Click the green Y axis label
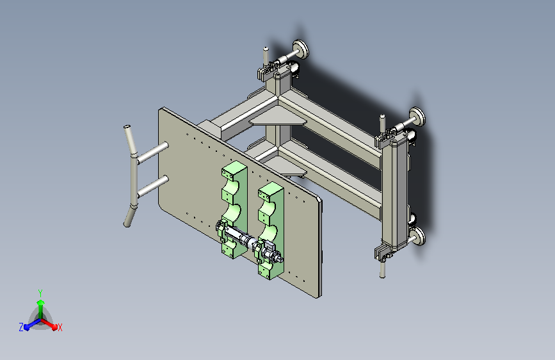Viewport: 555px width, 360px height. click(40, 293)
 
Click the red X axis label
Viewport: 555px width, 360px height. click(60, 327)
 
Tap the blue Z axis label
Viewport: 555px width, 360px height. click(21, 327)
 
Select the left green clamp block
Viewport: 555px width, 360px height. click(234, 209)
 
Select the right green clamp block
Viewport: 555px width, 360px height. click(271, 231)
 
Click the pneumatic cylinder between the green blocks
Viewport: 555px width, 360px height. click(248, 241)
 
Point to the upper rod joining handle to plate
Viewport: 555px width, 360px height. click(152, 152)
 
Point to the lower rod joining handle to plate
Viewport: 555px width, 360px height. click(152, 186)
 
